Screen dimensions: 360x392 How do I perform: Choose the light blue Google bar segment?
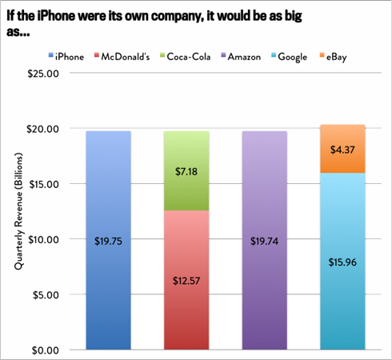click(x=342, y=304)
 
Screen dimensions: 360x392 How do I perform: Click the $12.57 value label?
click(x=186, y=279)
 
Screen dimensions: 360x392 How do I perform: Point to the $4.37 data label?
click(x=342, y=148)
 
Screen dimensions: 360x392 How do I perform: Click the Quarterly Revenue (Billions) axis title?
click(x=18, y=211)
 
